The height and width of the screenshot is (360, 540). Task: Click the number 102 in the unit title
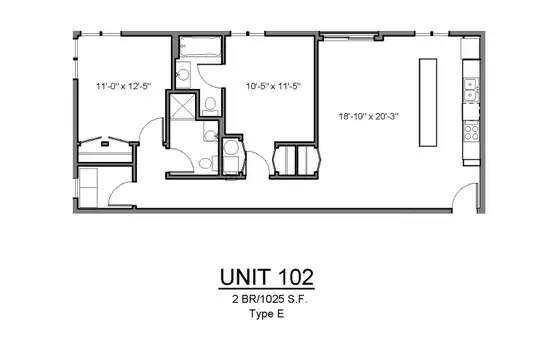click(296, 277)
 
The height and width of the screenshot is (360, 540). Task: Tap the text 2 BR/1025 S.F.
click(270, 299)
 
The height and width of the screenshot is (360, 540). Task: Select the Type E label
click(267, 314)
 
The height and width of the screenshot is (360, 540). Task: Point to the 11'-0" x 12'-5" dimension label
click(124, 86)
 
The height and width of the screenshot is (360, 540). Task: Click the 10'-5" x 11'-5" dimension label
click(273, 86)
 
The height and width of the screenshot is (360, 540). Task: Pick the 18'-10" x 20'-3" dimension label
click(368, 116)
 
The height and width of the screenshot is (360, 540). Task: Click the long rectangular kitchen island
click(428, 103)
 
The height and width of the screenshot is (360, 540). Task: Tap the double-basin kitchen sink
click(470, 90)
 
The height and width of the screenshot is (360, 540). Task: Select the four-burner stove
click(471, 132)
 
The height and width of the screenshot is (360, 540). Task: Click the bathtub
click(200, 47)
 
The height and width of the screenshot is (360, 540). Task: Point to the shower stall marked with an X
click(182, 106)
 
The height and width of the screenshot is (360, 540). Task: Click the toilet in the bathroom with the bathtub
click(210, 106)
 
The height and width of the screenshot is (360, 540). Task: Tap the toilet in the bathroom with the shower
click(208, 163)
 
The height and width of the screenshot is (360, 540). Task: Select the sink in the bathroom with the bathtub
click(183, 74)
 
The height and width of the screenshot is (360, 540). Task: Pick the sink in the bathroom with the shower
click(210, 132)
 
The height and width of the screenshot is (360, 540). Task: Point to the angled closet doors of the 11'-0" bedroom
click(104, 140)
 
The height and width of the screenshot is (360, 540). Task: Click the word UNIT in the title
click(245, 277)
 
